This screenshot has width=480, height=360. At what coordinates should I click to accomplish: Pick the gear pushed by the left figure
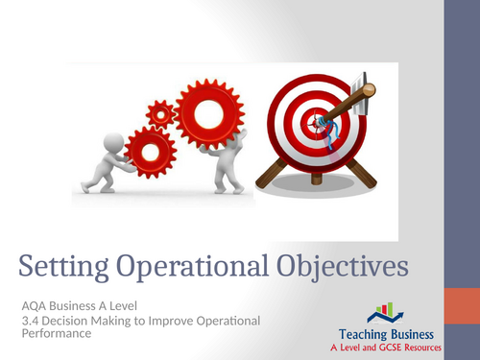click(150, 151)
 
